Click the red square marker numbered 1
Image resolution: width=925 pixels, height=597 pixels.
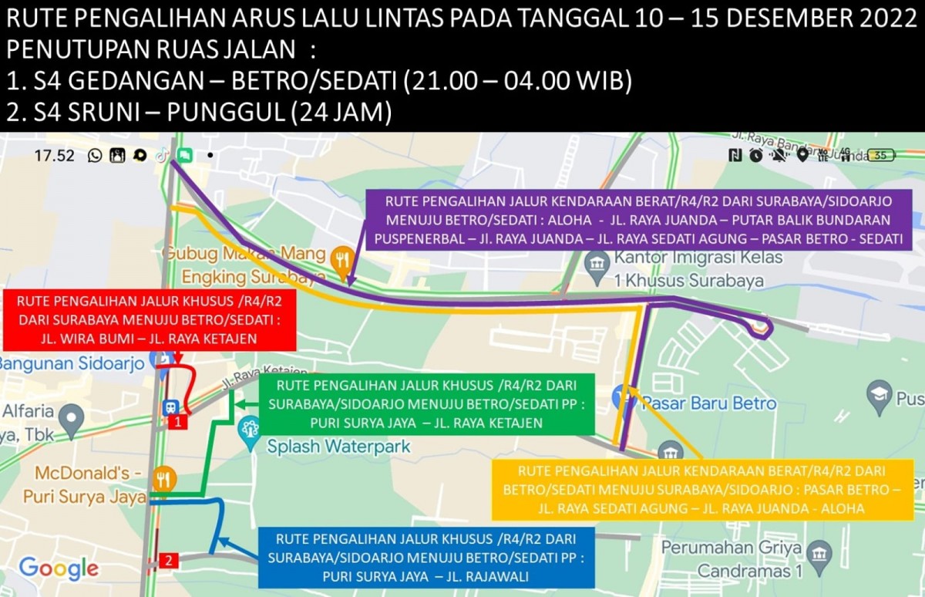point(178,422)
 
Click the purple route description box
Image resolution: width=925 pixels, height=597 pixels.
point(639,220)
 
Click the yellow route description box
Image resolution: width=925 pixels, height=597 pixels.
point(701,489)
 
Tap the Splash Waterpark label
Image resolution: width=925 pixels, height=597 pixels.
point(338,446)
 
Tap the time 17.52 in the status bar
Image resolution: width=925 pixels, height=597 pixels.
point(54,156)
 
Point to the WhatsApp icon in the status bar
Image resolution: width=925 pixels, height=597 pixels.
point(95,156)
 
